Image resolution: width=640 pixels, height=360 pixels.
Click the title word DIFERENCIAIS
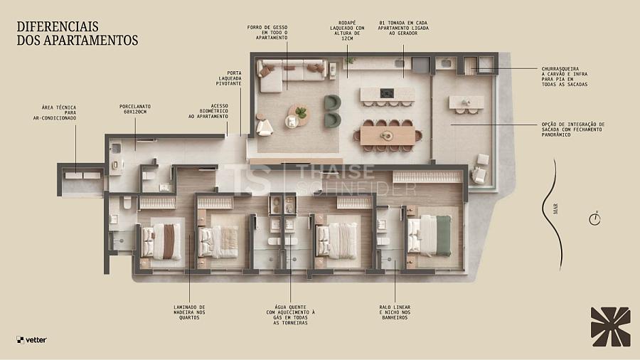click(58, 26)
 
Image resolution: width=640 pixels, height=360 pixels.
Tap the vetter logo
click(32, 339)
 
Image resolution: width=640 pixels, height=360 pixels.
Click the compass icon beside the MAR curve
click(594, 219)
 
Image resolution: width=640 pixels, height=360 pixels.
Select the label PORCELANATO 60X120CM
click(134, 109)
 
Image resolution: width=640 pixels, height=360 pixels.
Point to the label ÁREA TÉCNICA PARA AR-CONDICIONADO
click(55, 112)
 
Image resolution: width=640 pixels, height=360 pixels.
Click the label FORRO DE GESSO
click(267, 33)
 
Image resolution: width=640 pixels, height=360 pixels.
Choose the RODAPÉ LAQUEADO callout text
click(347, 31)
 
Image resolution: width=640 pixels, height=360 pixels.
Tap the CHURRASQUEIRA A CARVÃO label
click(565, 77)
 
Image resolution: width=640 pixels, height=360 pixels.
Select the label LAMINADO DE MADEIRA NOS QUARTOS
click(189, 312)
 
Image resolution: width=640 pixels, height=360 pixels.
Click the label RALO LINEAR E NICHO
click(395, 312)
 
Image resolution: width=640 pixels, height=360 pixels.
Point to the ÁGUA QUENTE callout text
click(291, 314)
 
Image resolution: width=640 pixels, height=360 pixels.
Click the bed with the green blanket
click(429, 235)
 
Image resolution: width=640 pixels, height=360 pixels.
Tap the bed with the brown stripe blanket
click(161, 241)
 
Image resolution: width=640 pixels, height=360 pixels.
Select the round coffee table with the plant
click(299, 116)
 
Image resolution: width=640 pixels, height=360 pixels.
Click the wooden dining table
click(388, 136)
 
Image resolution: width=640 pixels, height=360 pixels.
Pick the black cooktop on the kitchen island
click(387, 93)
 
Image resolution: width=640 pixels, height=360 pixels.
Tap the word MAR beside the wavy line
click(555, 209)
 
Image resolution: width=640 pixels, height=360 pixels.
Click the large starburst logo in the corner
click(611, 327)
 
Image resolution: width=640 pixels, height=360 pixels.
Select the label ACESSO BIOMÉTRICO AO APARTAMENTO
click(208, 111)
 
